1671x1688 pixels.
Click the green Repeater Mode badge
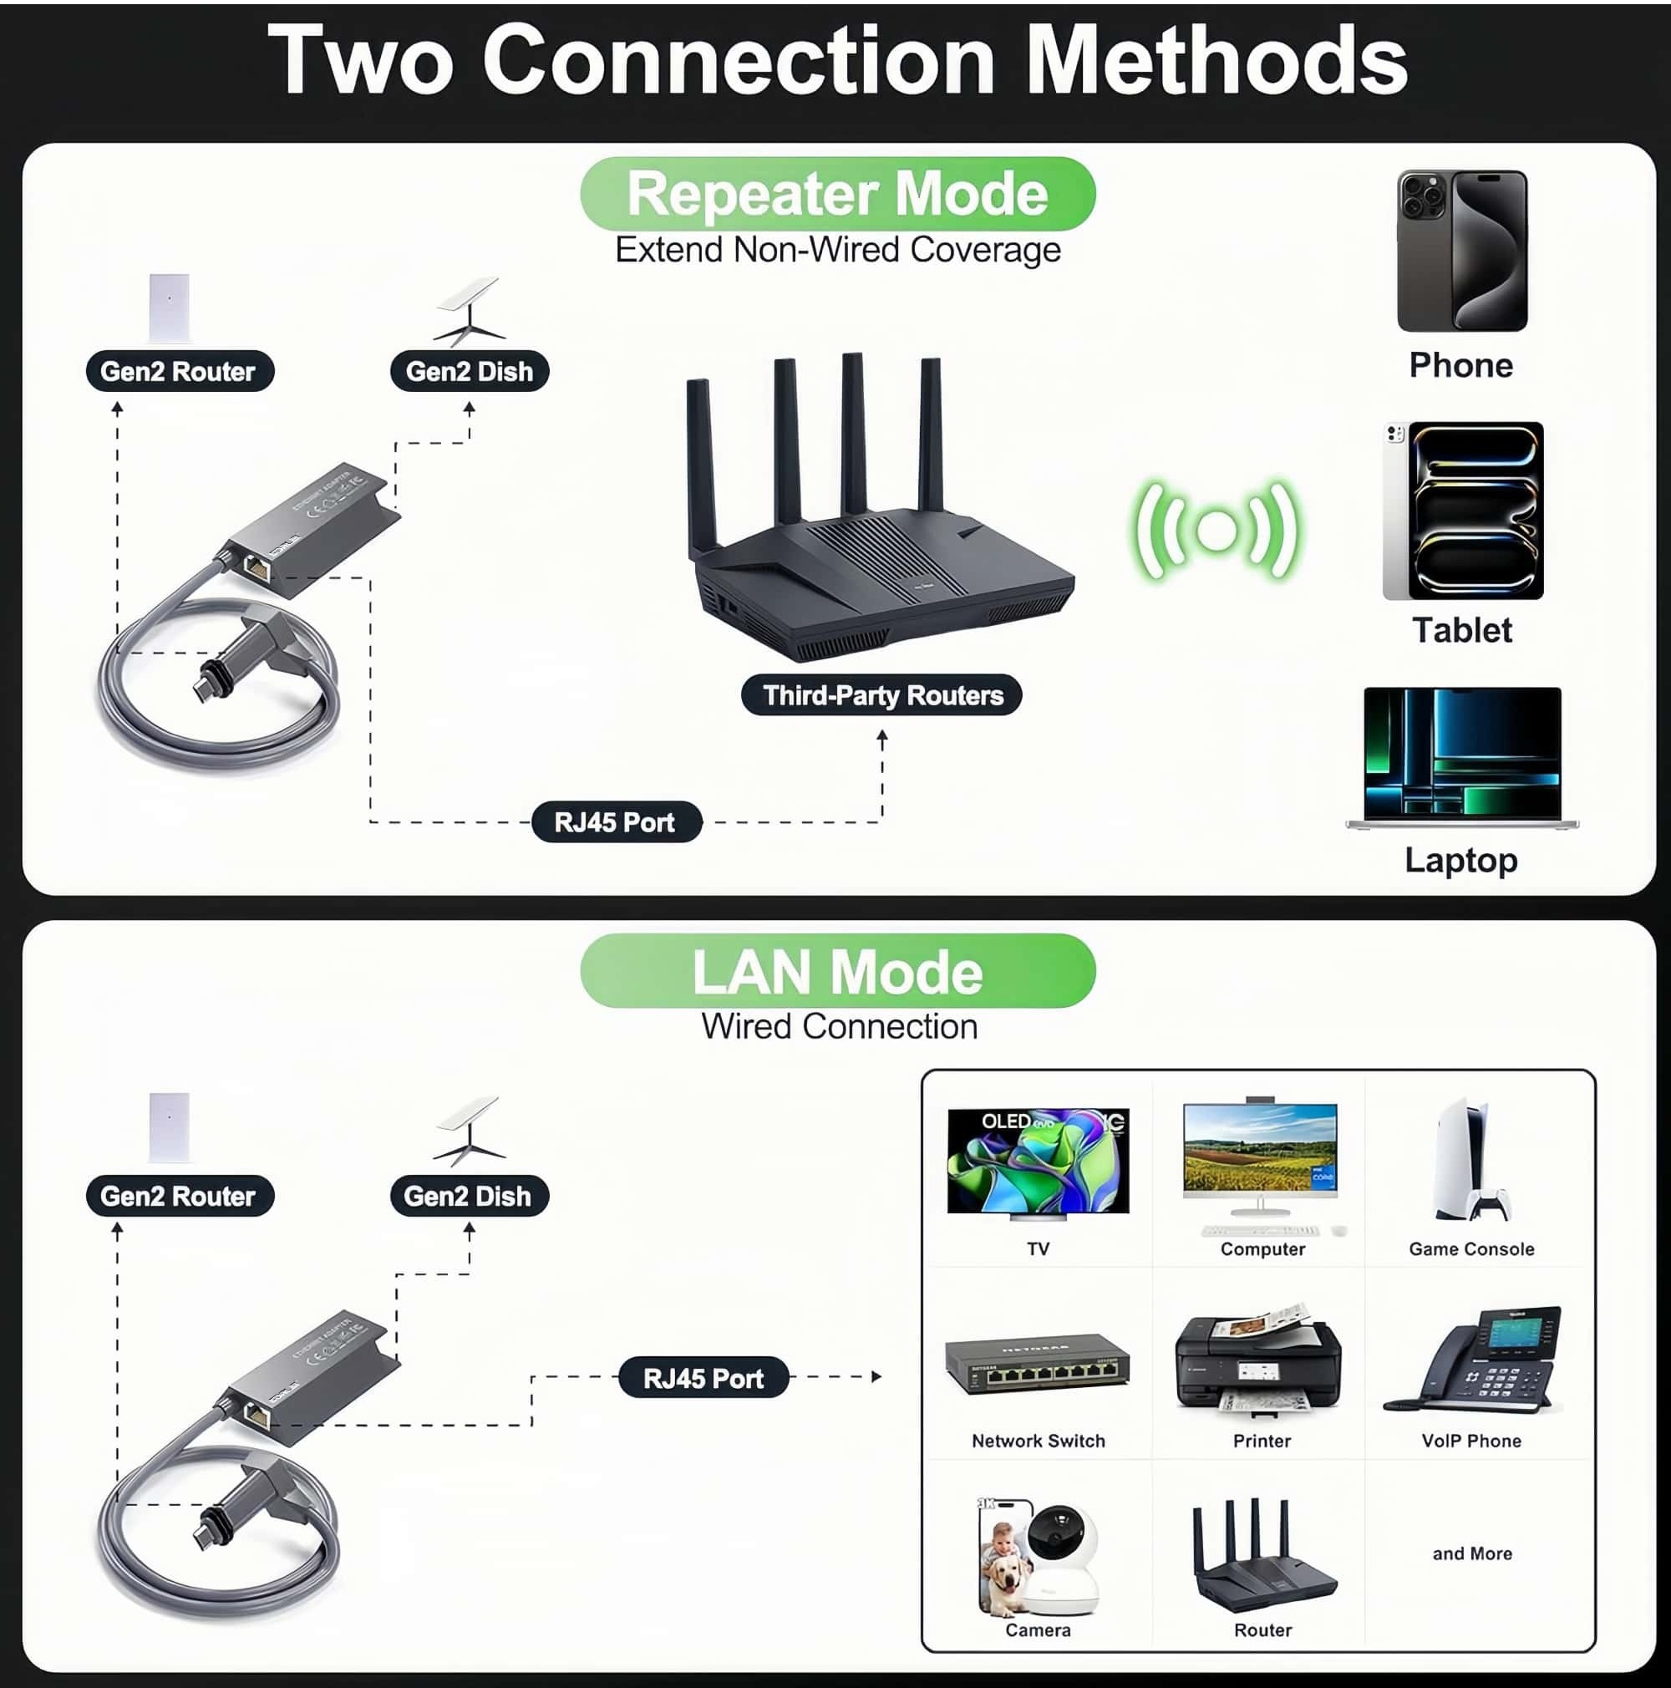(837, 194)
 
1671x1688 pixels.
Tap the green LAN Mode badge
(837, 971)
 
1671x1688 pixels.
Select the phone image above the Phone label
(1461, 251)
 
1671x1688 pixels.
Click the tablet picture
(1462, 511)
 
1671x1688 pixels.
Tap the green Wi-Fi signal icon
(1216, 531)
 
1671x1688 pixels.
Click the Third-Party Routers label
(881, 695)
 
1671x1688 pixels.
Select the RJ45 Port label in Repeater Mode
(616, 822)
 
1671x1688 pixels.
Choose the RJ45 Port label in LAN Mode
(703, 1378)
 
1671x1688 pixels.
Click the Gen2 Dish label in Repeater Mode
(469, 371)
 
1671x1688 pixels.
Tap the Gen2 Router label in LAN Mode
(179, 1196)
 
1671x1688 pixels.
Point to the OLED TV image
(1038, 1163)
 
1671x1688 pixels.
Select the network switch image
(1037, 1365)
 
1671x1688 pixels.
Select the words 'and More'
(1472, 1553)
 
